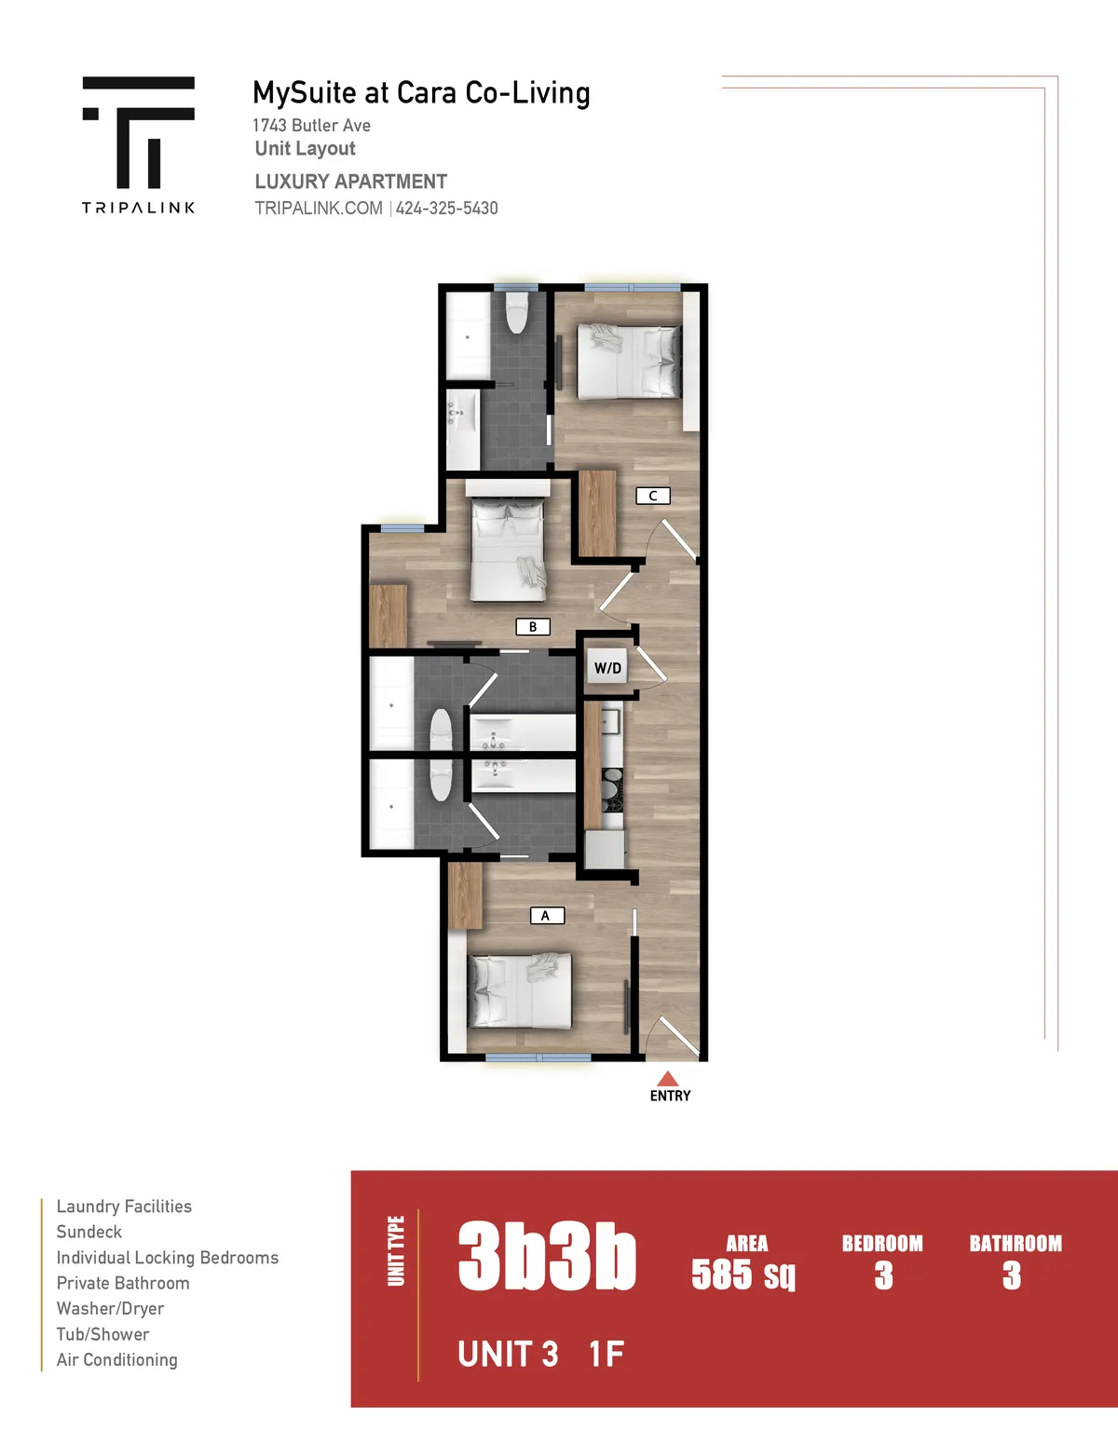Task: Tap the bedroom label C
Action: click(652, 496)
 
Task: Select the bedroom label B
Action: click(533, 627)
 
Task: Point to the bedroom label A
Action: click(546, 916)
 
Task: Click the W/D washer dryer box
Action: click(607, 668)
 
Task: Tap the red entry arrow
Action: click(667, 1079)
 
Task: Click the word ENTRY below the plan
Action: click(670, 1096)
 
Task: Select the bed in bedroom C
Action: click(629, 361)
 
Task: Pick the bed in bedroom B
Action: click(507, 550)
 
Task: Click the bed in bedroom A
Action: click(519, 990)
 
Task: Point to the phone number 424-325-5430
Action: click(446, 208)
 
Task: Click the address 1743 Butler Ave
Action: click(311, 125)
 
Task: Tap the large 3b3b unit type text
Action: click(547, 1257)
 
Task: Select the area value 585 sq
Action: click(743, 1274)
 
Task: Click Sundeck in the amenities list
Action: click(89, 1232)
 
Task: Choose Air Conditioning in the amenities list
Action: click(116, 1359)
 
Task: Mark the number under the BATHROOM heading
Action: click(1012, 1275)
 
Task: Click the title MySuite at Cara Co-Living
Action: click(421, 93)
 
